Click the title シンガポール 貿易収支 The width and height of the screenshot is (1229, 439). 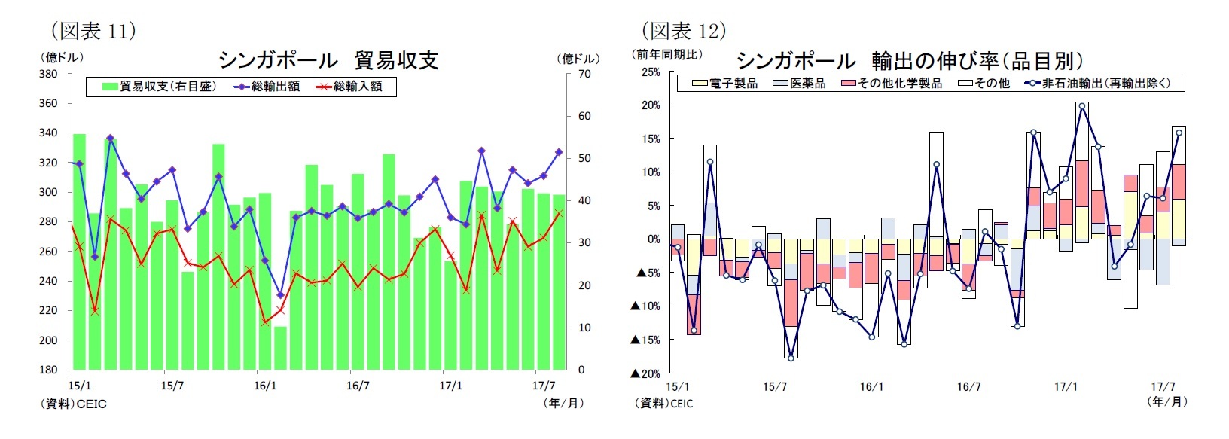tap(328, 60)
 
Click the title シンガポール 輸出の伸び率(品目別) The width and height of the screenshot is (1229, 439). tap(910, 60)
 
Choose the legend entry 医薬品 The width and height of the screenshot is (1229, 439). tap(799, 84)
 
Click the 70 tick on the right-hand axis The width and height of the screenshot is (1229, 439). tap(584, 74)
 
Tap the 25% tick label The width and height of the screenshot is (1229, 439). tap(650, 72)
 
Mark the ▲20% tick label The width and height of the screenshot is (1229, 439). tap(645, 373)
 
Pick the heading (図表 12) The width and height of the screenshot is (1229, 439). tap(683, 30)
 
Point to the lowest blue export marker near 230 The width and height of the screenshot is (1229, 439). tap(280, 295)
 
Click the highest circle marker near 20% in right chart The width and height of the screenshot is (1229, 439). tap(1082, 106)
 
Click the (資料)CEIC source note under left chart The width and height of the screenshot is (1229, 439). tap(73, 404)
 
